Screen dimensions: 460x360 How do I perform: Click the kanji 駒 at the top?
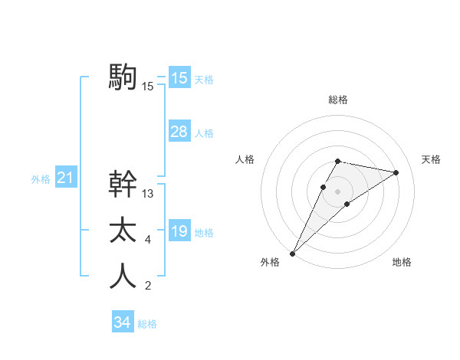(123, 77)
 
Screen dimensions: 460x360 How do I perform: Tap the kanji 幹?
(123, 185)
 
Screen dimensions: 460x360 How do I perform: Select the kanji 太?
(123, 231)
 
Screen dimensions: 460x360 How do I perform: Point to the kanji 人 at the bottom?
(123, 277)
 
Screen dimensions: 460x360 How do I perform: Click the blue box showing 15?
(179, 77)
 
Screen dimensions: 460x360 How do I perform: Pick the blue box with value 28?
(179, 132)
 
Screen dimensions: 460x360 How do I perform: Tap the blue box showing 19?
(179, 231)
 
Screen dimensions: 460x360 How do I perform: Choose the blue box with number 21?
(65, 178)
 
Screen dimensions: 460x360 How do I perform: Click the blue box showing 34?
(123, 322)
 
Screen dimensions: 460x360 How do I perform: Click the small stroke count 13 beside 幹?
(148, 195)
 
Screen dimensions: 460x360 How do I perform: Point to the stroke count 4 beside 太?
(148, 241)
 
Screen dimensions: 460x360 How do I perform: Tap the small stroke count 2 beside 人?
(148, 286)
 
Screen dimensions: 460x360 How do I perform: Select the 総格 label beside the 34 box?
(147, 324)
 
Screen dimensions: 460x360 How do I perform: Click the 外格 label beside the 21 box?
(41, 179)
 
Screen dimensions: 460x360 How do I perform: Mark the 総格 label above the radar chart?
(337, 100)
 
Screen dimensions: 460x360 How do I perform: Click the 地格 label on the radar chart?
(402, 262)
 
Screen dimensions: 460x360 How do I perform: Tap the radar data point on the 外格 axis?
(293, 253)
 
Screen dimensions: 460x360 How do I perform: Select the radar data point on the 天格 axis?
(396, 172)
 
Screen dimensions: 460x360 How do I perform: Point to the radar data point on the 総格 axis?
(337, 161)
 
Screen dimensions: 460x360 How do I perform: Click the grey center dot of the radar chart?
(337, 191)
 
